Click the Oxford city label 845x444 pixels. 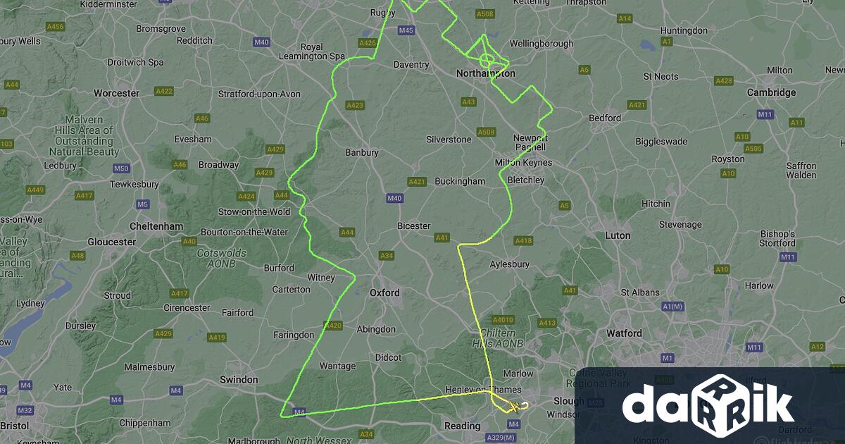tap(384, 292)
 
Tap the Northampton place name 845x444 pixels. tap(485, 73)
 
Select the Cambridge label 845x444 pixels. tap(771, 92)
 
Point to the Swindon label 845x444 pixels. tap(239, 379)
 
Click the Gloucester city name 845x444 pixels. tap(111, 242)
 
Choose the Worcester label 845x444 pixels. tap(116, 93)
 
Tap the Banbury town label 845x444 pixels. tap(361, 152)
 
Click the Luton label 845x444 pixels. tap(618, 235)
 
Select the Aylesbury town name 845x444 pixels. tap(509, 264)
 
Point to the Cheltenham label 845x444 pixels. tap(156, 226)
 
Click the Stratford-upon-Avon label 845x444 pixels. tap(259, 94)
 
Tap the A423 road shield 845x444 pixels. tap(355, 106)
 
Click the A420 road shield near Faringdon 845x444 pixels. tap(333, 326)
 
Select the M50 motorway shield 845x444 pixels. tap(121, 168)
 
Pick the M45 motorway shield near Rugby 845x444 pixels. tap(406, 30)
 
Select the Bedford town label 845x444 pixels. tap(604, 118)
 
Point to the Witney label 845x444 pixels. tap(321, 278)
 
